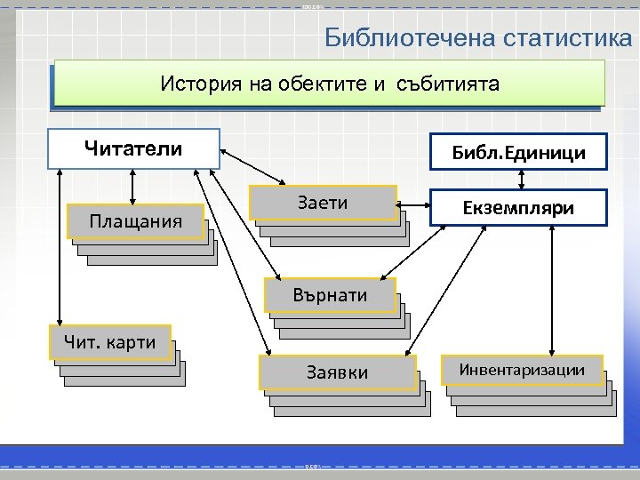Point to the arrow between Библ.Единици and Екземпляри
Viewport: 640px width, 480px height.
[x=522, y=180]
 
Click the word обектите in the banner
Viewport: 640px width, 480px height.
[x=321, y=84]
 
